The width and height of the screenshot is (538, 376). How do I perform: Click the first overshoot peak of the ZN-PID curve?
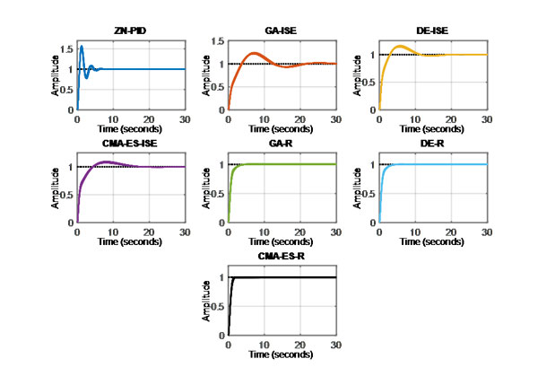tap(82, 47)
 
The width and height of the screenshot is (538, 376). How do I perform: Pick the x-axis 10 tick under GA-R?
tap(263, 232)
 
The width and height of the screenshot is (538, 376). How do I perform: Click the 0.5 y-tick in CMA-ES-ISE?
tap(65, 195)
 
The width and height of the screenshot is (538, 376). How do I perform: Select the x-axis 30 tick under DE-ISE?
tap(485, 119)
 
